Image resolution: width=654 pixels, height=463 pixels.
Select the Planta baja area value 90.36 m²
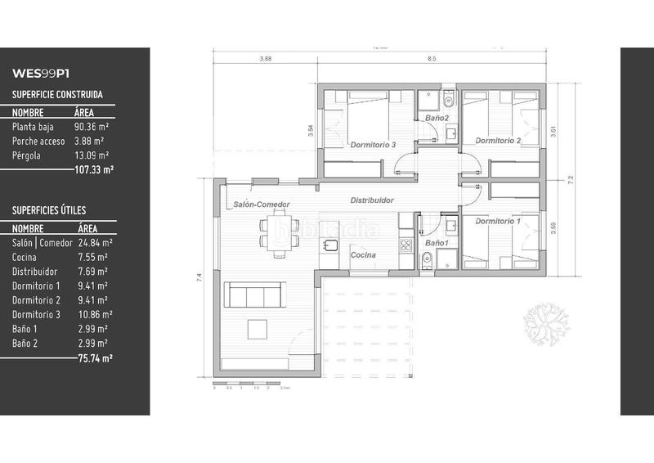[93, 127]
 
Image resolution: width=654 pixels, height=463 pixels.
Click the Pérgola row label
[29, 155]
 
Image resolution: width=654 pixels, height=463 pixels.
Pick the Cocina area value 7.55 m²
[91, 257]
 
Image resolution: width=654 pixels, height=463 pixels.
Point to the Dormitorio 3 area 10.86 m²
[95, 314]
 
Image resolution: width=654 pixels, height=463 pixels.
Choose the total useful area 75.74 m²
[95, 357]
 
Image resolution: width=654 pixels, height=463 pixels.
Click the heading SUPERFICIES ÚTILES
[49, 210]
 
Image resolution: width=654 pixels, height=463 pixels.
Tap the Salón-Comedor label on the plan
[262, 205]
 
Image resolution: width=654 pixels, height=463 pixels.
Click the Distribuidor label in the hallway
[372, 200]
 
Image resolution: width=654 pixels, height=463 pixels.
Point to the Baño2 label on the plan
[437, 119]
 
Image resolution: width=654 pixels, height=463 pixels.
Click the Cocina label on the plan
[363, 255]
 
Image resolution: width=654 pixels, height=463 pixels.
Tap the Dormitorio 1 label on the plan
[497, 221]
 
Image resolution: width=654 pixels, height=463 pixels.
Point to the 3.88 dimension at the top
[265, 59]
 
